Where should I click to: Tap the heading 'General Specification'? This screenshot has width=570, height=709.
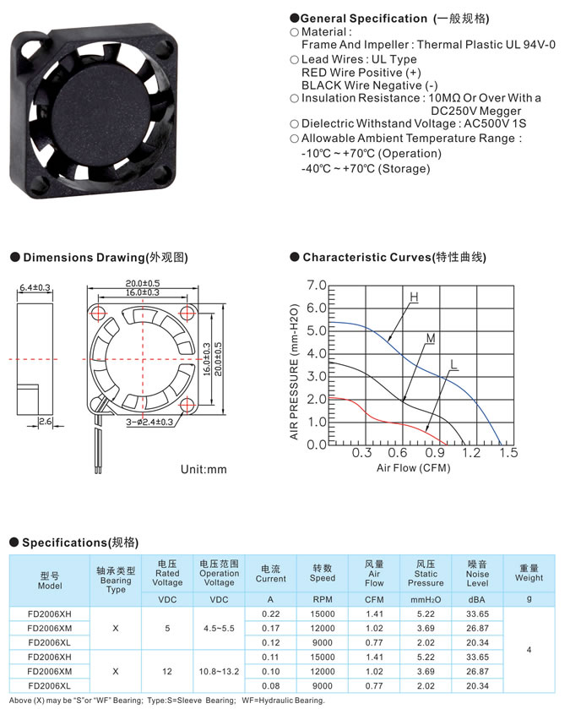tap(364, 19)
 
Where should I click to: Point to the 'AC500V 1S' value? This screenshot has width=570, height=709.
tap(495, 124)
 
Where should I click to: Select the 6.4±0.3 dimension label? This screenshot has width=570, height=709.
tap(35, 287)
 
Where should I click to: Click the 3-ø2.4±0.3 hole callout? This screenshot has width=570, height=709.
tap(149, 422)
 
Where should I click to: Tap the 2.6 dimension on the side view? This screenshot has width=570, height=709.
tap(45, 422)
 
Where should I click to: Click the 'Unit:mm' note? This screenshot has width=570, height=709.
tap(204, 469)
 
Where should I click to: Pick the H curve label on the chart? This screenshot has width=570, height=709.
tap(414, 297)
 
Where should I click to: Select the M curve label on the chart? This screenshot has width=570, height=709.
tap(431, 338)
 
